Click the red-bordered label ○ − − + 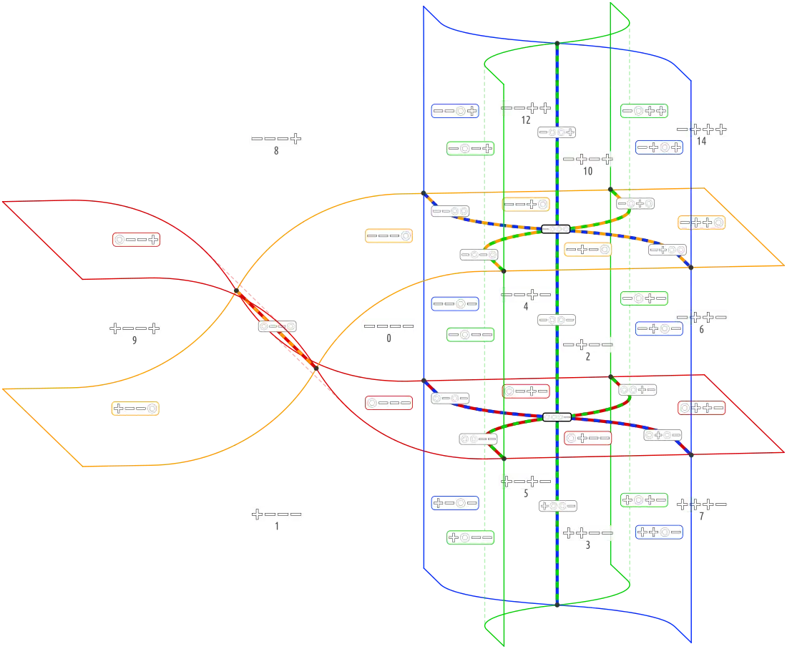135,240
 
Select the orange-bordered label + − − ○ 135,409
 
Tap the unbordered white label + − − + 135,329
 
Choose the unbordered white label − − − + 277,138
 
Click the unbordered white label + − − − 277,514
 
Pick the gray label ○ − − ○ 278,326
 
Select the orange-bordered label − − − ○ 388,235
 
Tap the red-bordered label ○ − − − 388,403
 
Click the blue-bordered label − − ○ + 454,111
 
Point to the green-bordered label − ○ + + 644,111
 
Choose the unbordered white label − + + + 701,130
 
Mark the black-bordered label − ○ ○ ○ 556,229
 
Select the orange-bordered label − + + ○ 701,223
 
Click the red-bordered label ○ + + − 701,408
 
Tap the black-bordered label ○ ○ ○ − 557,417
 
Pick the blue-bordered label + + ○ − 658,532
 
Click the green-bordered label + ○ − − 471,537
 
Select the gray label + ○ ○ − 558,505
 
